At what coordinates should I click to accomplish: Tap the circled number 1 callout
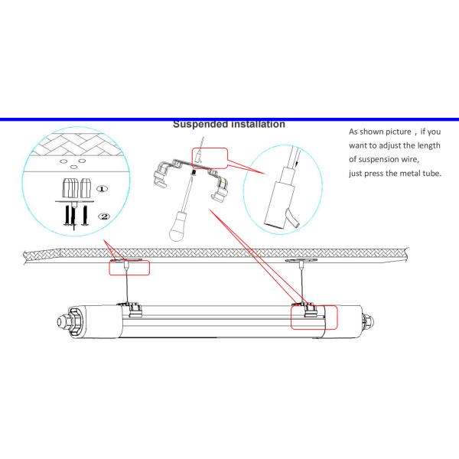[103, 188]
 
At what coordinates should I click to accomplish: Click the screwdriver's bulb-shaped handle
[179, 229]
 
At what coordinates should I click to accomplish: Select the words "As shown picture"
[376, 132]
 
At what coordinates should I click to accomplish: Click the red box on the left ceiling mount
[129, 267]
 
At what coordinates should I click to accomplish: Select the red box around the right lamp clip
[314, 316]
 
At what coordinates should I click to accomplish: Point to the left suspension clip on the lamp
[135, 310]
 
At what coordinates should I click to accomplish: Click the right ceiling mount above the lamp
[300, 264]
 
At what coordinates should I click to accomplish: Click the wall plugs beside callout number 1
[76, 187]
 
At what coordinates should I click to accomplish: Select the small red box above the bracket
[208, 158]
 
